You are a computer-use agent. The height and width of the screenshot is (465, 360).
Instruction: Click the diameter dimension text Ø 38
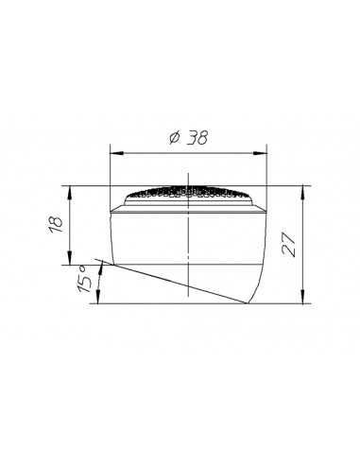(189, 137)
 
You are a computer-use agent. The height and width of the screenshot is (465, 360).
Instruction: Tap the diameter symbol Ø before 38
(174, 138)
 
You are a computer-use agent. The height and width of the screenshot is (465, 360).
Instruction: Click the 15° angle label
(83, 283)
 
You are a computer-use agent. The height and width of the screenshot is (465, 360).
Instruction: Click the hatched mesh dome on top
(189, 193)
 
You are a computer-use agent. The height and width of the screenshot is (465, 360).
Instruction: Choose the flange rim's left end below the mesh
(113, 207)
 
